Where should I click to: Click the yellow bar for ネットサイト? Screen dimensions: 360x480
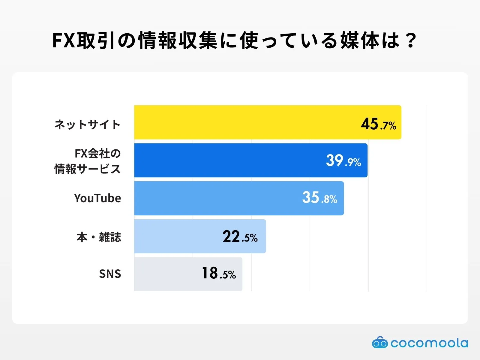240,122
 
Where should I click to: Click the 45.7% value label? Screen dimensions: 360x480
378,124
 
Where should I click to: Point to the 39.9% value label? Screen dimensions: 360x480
343,161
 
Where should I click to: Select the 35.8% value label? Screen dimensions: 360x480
319,198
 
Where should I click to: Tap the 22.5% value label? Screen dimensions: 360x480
240,237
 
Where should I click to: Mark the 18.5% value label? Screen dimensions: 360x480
219,274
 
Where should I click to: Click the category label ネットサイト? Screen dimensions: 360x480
87,124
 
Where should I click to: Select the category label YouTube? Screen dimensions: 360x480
97,198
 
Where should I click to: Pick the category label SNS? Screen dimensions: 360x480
110,274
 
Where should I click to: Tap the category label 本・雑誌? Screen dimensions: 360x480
99,237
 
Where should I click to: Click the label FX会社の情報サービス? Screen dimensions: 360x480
88,161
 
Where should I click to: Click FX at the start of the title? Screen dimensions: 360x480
63,40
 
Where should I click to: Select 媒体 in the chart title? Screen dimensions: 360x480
360,40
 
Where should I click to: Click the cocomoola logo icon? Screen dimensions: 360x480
379,343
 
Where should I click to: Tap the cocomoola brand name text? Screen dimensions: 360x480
429,343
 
